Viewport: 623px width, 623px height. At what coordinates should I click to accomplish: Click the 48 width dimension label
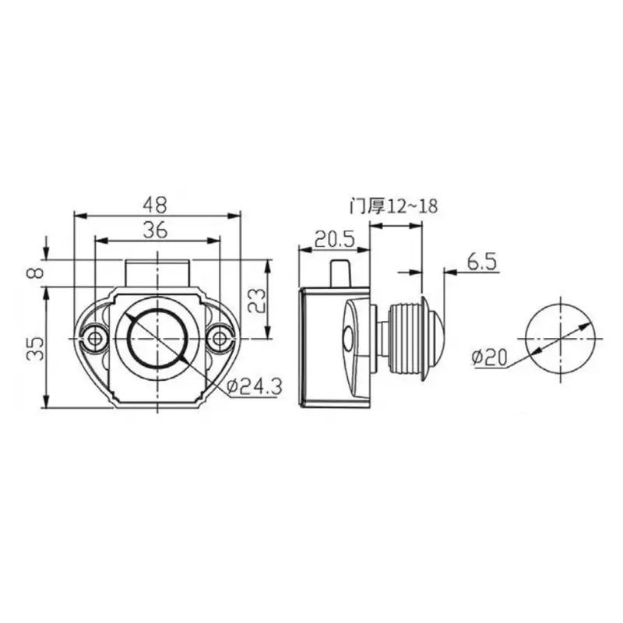coord(156,204)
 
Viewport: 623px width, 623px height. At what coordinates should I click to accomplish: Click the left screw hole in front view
coord(96,338)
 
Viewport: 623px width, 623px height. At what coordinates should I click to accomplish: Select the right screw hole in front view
coord(220,338)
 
